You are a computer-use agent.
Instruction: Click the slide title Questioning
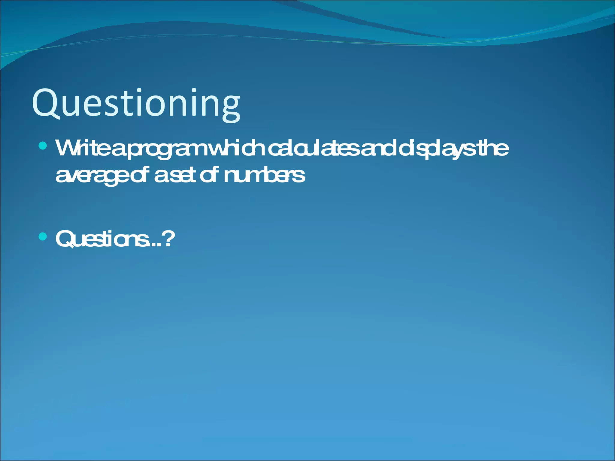(136, 104)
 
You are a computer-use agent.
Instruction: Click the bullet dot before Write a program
(43, 146)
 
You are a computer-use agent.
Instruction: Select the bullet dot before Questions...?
(43, 237)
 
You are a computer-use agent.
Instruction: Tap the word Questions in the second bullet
(102, 239)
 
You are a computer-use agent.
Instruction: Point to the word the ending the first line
(493, 148)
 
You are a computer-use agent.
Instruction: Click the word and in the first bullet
(378, 148)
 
